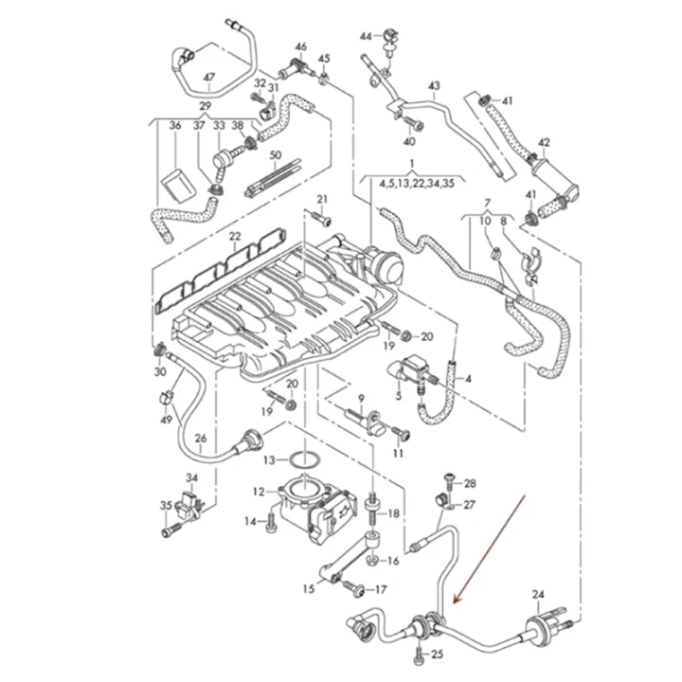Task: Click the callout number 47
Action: [x=209, y=77]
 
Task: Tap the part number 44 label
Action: [x=367, y=36]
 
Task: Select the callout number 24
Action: [x=538, y=595]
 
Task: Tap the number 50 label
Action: [x=276, y=154]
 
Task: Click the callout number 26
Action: [x=200, y=438]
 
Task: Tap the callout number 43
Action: [x=434, y=87]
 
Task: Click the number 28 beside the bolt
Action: [x=471, y=484]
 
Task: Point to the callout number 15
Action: [x=309, y=589]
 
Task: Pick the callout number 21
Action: [x=321, y=198]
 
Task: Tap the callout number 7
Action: [x=487, y=204]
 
